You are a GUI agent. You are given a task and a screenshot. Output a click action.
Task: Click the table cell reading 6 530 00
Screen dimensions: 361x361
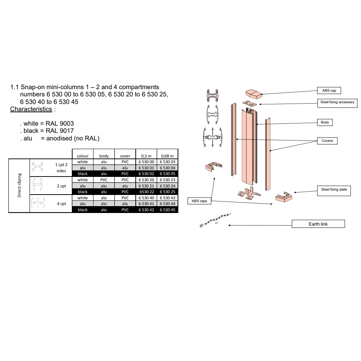146,162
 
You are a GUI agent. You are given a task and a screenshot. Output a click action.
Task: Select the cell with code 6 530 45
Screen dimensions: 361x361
168,210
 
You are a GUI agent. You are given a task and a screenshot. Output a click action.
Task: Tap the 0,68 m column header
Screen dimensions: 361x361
168,156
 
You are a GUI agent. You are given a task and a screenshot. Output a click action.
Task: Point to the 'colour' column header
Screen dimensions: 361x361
83,156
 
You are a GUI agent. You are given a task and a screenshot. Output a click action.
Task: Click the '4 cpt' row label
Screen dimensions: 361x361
61,204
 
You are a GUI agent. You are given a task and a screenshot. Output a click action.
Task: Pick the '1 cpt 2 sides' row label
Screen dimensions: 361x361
61,168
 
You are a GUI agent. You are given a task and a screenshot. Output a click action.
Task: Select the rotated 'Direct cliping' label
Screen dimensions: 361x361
19,185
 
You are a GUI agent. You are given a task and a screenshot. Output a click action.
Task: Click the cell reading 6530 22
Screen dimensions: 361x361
147,192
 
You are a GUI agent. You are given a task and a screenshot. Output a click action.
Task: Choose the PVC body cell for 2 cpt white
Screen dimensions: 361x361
104,180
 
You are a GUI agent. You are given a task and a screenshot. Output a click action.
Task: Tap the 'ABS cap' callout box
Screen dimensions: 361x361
329,91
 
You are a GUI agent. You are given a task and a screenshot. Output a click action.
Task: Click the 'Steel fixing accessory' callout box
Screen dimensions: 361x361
337,103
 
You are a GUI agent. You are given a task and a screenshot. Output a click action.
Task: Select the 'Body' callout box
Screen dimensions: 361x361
325,122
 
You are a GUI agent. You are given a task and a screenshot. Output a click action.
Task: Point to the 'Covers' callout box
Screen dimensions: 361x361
327,141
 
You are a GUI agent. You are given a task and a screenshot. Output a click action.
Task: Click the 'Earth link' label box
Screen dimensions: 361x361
318,224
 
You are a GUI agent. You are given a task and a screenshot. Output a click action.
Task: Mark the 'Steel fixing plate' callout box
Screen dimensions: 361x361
334,191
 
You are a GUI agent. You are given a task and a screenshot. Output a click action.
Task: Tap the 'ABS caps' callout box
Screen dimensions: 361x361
199,201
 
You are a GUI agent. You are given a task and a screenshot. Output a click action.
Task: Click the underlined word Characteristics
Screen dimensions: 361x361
31,109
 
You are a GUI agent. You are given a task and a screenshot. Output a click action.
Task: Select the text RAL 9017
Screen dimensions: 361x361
60,131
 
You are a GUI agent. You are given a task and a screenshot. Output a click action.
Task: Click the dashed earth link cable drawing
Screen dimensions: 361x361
215,220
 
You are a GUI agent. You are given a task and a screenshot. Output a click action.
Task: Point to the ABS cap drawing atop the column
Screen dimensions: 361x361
253,94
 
